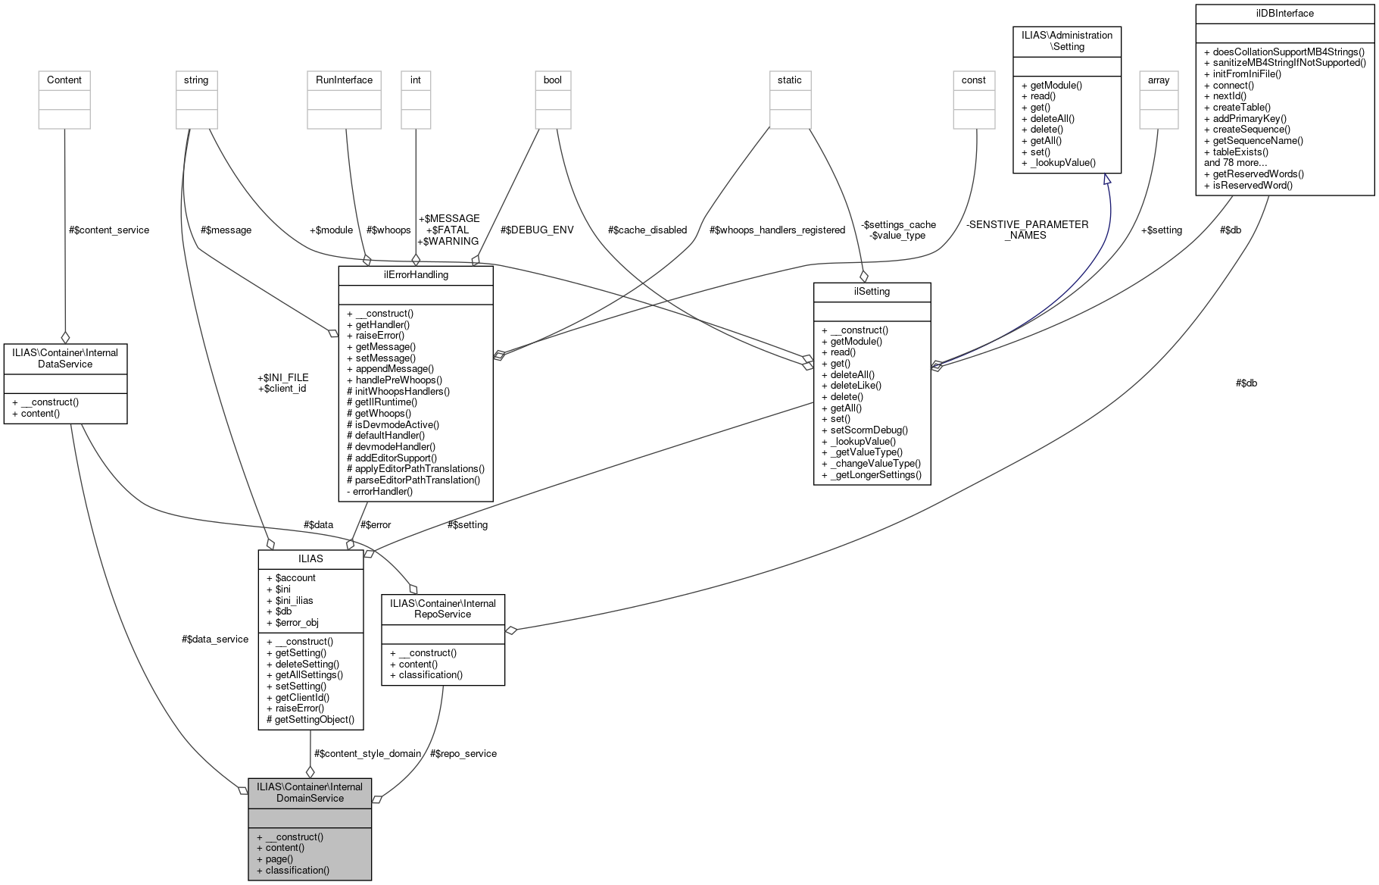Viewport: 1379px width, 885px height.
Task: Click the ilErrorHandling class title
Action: (x=416, y=275)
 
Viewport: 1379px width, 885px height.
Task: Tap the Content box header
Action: (x=64, y=80)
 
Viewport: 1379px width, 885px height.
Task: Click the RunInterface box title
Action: (x=344, y=80)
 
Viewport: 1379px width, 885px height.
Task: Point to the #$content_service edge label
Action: (x=109, y=230)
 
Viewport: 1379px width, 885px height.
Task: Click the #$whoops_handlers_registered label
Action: (x=777, y=230)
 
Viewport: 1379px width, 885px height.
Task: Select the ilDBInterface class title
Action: (x=1284, y=14)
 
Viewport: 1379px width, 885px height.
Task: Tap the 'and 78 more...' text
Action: (x=1235, y=162)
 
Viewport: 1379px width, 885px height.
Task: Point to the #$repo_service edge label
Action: (x=463, y=753)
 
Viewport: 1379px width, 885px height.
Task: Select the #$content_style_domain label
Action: (x=367, y=753)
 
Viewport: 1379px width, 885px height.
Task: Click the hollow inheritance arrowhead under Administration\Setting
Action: (x=1106, y=180)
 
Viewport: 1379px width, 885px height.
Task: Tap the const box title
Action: (x=973, y=80)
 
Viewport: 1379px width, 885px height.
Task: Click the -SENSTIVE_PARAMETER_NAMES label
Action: (x=1026, y=230)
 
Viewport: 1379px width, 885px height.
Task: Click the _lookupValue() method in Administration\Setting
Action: (x=1062, y=162)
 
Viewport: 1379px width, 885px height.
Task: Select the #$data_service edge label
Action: (x=215, y=639)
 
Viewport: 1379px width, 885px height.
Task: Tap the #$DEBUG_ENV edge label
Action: (x=537, y=230)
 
